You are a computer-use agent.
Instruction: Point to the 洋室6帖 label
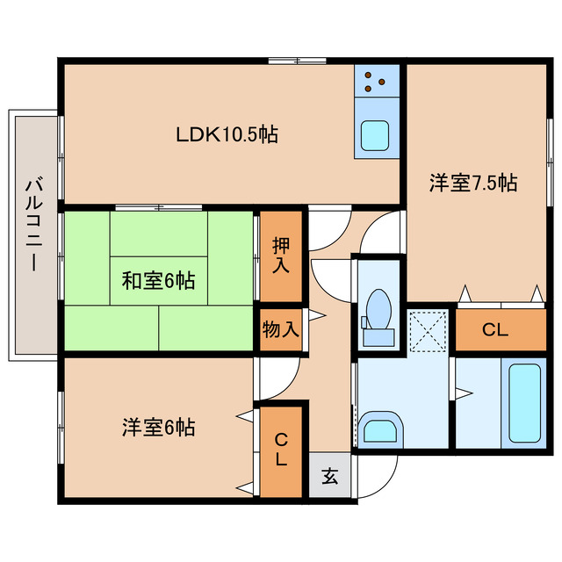pyautogui.click(x=158, y=428)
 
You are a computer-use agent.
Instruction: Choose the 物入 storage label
pyautogui.click(x=280, y=330)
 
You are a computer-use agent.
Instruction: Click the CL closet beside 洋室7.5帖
pyautogui.click(x=496, y=330)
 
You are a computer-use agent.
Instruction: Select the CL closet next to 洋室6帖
pyautogui.click(x=280, y=450)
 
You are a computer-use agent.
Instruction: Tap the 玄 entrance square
pyautogui.click(x=329, y=478)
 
